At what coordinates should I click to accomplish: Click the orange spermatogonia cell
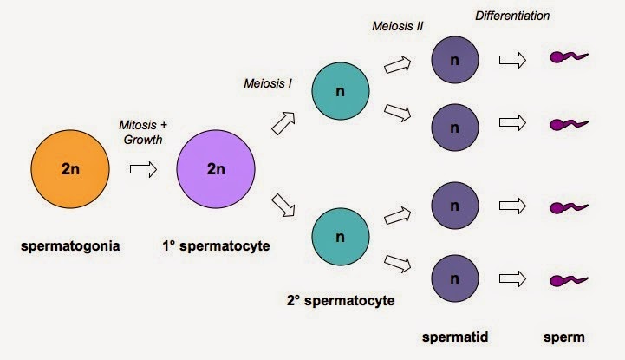pyautogui.click(x=70, y=169)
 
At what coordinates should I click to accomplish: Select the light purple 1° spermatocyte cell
pyautogui.click(x=216, y=169)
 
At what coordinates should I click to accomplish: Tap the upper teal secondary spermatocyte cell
pyautogui.click(x=341, y=91)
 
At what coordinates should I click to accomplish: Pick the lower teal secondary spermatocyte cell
pyautogui.click(x=341, y=237)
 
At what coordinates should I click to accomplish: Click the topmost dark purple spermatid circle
pyautogui.click(x=455, y=60)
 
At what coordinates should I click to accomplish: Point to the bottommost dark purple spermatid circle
pyautogui.click(x=455, y=278)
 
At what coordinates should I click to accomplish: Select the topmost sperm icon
pyautogui.click(x=569, y=57)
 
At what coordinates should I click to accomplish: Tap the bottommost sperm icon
pyautogui.click(x=569, y=280)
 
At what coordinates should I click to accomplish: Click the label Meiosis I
pyautogui.click(x=268, y=83)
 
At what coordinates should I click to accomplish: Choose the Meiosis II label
pyautogui.click(x=397, y=26)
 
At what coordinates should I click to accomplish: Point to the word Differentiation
pyautogui.click(x=512, y=16)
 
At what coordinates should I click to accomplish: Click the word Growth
pyautogui.click(x=143, y=140)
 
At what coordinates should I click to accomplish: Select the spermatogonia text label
pyautogui.click(x=70, y=246)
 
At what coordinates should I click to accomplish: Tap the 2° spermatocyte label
pyautogui.click(x=341, y=301)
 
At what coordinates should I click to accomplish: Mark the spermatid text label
pyautogui.click(x=455, y=337)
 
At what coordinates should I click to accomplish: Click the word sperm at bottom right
pyautogui.click(x=563, y=337)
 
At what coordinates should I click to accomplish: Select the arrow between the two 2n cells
pyautogui.click(x=143, y=169)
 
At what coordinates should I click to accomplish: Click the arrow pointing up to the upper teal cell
pyautogui.click(x=283, y=123)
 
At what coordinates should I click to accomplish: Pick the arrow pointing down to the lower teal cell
pyautogui.click(x=283, y=206)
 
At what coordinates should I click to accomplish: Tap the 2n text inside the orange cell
pyautogui.click(x=70, y=169)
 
